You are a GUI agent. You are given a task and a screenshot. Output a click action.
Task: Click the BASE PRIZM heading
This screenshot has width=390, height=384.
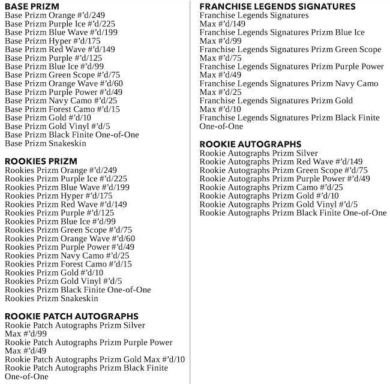pyautogui.click(x=32, y=7)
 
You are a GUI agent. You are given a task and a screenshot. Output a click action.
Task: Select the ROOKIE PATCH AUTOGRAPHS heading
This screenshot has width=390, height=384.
pyautogui.click(x=71, y=316)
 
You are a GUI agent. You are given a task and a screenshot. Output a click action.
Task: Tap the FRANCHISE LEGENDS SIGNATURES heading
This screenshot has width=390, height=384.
pyautogui.click(x=277, y=7)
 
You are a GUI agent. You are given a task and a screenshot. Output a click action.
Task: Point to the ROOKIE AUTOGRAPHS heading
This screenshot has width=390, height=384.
pyautogui.click(x=250, y=145)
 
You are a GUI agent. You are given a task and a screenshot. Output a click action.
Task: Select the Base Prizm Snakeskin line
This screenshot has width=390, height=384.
pyautogui.click(x=46, y=143)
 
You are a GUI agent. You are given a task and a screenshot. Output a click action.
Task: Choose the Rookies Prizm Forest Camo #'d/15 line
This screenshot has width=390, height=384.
pyautogui.click(x=68, y=264)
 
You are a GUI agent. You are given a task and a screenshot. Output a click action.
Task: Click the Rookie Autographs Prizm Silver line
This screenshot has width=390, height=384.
pyautogui.click(x=259, y=154)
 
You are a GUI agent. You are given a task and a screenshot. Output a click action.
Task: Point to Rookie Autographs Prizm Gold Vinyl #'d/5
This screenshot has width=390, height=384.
pyautogui.click(x=278, y=205)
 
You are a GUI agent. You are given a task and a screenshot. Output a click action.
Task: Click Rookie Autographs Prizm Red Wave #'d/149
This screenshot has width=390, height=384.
pyautogui.click(x=281, y=162)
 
